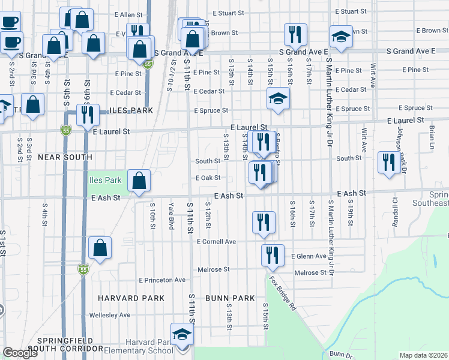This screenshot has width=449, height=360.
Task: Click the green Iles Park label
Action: pyautogui.click(x=106, y=179)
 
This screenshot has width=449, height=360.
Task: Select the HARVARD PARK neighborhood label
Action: pyautogui.click(x=131, y=298)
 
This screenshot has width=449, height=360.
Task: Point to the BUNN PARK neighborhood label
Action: pyautogui.click(x=230, y=298)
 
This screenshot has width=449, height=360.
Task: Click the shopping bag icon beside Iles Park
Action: pyautogui.click(x=139, y=181)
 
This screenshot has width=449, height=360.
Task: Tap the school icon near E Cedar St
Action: pyautogui.click(x=279, y=100)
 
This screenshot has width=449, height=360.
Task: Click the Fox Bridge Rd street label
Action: pyautogui.click(x=283, y=293)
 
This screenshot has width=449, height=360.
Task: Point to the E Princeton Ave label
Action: pyautogui.click(x=162, y=280)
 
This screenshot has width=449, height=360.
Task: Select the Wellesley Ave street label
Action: pyautogui.click(x=109, y=315)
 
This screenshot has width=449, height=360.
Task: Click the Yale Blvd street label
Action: pyautogui.click(x=171, y=214)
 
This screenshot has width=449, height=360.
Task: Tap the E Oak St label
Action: pyautogui.click(x=208, y=178)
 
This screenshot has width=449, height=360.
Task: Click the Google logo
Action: pyautogui.click(x=20, y=353)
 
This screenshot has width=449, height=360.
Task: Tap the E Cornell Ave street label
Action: pyautogui.click(x=217, y=241)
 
